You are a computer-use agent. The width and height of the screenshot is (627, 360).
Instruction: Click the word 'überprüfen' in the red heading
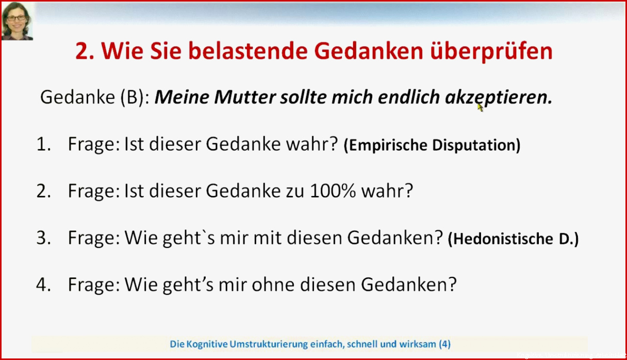[491, 51]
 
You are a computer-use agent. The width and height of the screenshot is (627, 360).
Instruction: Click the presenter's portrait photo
[17, 21]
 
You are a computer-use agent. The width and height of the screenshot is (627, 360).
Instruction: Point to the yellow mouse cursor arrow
[480, 107]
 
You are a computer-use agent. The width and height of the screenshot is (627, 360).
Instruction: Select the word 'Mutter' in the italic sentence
[245, 97]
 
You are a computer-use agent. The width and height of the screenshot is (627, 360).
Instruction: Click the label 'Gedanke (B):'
[95, 97]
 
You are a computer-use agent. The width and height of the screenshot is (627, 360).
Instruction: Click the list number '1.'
[44, 145]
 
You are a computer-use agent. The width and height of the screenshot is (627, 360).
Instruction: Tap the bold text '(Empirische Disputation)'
[432, 145]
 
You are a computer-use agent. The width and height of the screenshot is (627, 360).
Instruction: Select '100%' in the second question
[333, 191]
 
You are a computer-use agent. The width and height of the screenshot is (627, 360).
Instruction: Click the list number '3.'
[44, 238]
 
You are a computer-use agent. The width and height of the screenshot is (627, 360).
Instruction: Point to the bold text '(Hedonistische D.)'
[513, 239]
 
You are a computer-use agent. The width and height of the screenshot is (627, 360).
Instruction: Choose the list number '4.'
[44, 285]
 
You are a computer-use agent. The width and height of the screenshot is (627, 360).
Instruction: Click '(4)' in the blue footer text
[444, 344]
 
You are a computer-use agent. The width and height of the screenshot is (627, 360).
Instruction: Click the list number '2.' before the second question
[44, 191]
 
